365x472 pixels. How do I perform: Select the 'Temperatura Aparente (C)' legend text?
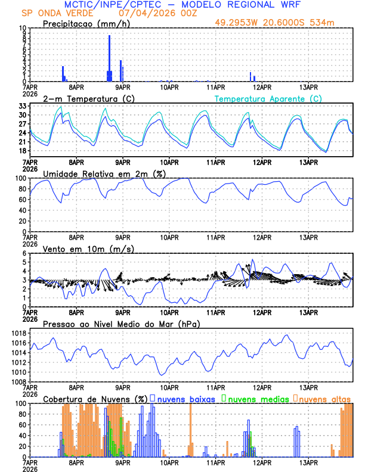pos(268,98)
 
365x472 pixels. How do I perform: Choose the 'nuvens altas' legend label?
pos(324,398)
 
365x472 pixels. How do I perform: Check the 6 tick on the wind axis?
pos(24,253)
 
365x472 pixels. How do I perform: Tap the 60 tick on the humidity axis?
pos(22,200)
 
